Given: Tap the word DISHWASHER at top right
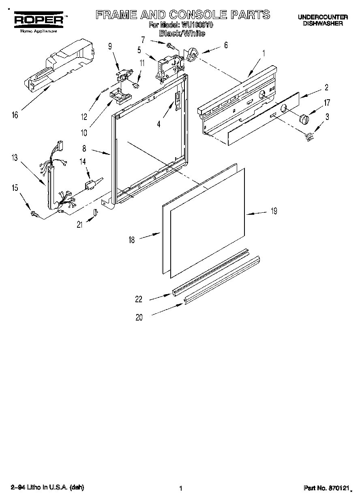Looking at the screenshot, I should [x=323, y=24].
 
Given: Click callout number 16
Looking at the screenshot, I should [x=15, y=115].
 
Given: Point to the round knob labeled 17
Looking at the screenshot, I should [x=304, y=120].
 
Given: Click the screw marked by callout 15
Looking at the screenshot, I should [x=35, y=214].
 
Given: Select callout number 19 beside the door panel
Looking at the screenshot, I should [x=274, y=211].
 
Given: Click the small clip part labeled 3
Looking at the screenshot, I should [x=310, y=138].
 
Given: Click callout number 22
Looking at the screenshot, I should [x=139, y=299].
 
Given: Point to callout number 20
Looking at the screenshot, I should [x=139, y=318].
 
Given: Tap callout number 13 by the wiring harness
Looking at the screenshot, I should [x=15, y=158].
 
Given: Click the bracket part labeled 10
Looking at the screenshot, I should [x=120, y=95].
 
